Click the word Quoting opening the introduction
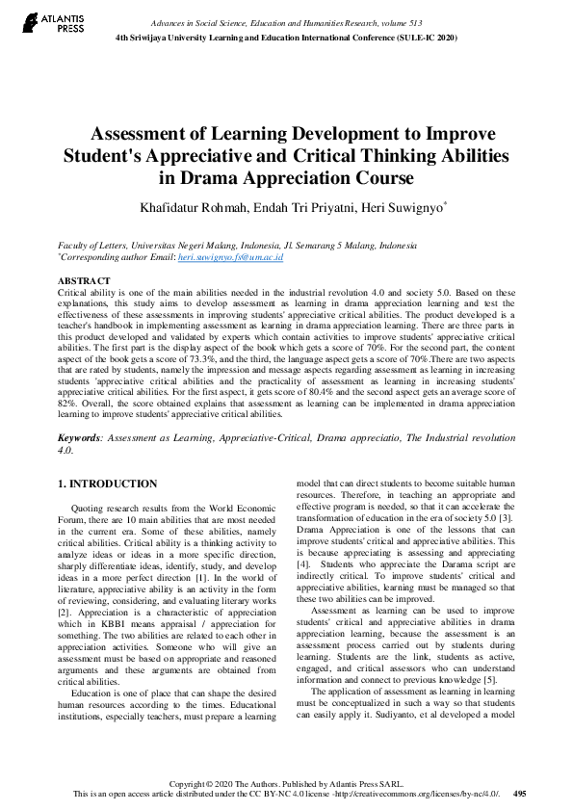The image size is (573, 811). coord(91,507)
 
